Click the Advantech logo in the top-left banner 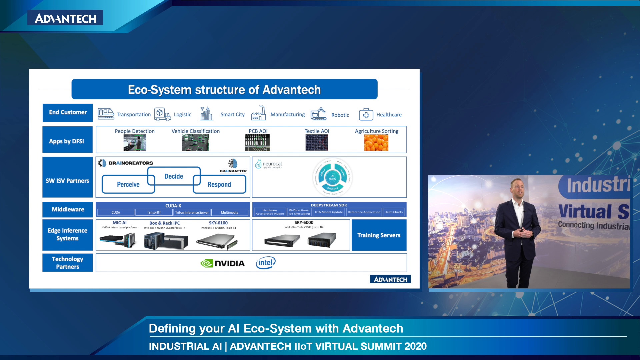(65, 18)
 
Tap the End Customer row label (68, 112)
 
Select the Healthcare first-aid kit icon (366, 114)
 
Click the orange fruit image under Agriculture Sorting (376, 143)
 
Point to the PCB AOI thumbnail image (257, 143)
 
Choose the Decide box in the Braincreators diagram (174, 176)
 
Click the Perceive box (128, 184)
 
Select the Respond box (219, 184)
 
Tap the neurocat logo (269, 164)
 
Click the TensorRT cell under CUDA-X (154, 212)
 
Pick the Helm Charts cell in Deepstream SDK (393, 212)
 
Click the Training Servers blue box (379, 235)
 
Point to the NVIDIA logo (222, 263)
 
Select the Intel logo (266, 263)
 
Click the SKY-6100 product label (218, 223)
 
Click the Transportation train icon (106, 114)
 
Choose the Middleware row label (68, 209)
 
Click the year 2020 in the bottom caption (415, 346)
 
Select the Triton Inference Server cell (192, 212)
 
